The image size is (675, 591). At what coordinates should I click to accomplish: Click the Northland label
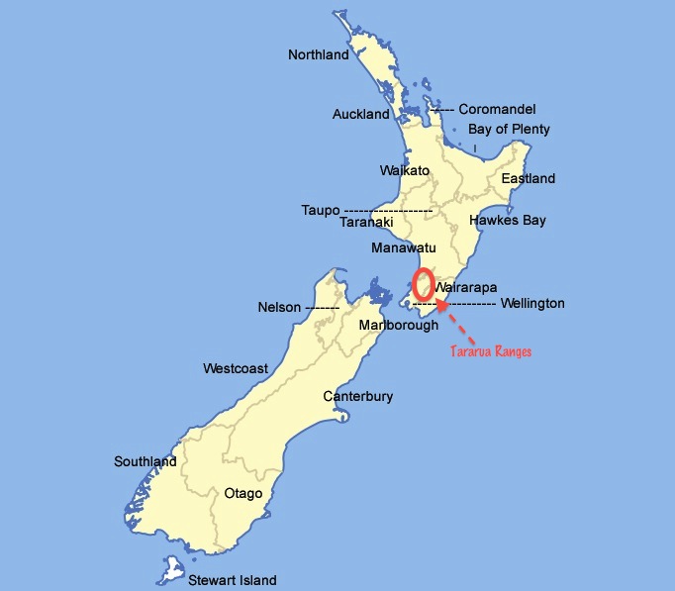click(x=318, y=55)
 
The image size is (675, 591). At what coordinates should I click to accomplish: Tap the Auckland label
click(x=360, y=115)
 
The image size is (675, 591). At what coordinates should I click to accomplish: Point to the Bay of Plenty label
click(x=509, y=130)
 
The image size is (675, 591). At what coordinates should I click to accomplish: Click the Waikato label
click(x=405, y=171)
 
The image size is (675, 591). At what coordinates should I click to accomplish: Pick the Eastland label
click(x=528, y=179)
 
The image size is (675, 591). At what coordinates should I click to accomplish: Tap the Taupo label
click(x=321, y=211)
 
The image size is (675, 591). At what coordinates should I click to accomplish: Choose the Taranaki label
click(x=366, y=223)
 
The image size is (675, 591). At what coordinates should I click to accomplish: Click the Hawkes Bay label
click(x=507, y=221)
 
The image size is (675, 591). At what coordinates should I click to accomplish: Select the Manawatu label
click(x=404, y=247)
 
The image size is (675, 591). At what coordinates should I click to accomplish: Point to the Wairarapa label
click(x=466, y=288)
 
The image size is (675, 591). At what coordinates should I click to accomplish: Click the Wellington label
click(x=532, y=304)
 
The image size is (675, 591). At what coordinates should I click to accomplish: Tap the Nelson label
click(x=278, y=308)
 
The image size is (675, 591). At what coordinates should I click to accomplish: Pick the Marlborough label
click(x=398, y=326)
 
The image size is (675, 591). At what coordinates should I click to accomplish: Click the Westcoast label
click(x=236, y=369)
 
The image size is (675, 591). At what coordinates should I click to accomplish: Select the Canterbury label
click(x=358, y=397)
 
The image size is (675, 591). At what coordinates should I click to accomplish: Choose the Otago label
click(x=243, y=493)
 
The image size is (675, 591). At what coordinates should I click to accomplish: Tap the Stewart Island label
click(x=233, y=580)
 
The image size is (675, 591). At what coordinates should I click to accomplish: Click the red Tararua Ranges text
click(x=491, y=351)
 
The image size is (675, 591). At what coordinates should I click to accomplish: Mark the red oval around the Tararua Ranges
click(x=423, y=285)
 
